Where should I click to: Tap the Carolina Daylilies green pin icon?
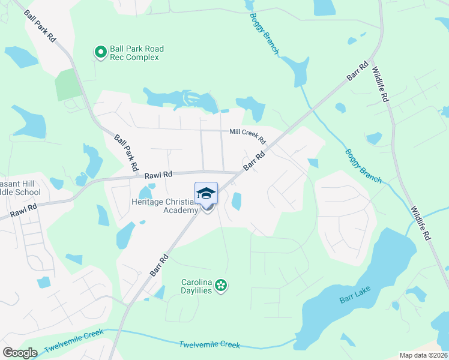point(221,285)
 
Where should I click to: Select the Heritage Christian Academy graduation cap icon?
point(206,193)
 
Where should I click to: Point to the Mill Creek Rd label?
point(248,136)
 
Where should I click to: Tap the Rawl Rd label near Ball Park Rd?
point(158,175)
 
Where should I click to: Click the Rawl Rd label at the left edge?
point(23,211)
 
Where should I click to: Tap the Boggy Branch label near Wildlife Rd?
point(363,166)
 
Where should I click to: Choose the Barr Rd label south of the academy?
point(159,265)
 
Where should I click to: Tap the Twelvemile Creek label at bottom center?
point(209,345)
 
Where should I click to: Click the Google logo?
point(20,353)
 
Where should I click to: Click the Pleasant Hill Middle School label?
point(20,188)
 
